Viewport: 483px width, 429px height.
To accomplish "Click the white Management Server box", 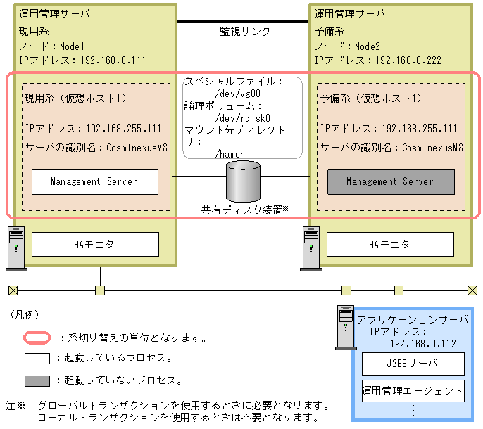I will (94, 181).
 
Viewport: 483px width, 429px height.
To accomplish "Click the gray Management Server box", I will (390, 181).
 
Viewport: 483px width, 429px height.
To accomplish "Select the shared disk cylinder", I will (242, 181).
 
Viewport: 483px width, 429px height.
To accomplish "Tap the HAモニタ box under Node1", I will (94, 244).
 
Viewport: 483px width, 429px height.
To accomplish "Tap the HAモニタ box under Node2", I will (389, 244).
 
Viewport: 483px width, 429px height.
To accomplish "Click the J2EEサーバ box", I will (413, 364).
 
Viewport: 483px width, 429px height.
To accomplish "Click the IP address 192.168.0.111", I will (112, 60).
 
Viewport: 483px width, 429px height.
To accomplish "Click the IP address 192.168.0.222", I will (408, 60).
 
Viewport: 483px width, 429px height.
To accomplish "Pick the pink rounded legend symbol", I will (37, 338).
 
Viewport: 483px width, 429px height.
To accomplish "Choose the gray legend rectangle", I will (37, 380).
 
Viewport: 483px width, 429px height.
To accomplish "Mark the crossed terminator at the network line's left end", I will (13, 290).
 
